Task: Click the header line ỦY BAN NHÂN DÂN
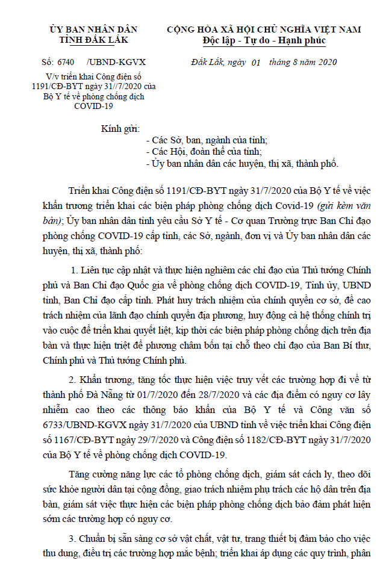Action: click(x=93, y=29)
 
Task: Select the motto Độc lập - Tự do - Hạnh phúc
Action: click(x=264, y=40)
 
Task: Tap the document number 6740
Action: click(x=64, y=62)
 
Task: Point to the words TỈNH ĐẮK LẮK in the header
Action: click(x=93, y=40)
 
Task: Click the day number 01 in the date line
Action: click(x=255, y=63)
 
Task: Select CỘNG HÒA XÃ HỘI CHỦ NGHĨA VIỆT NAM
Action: click(x=264, y=29)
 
